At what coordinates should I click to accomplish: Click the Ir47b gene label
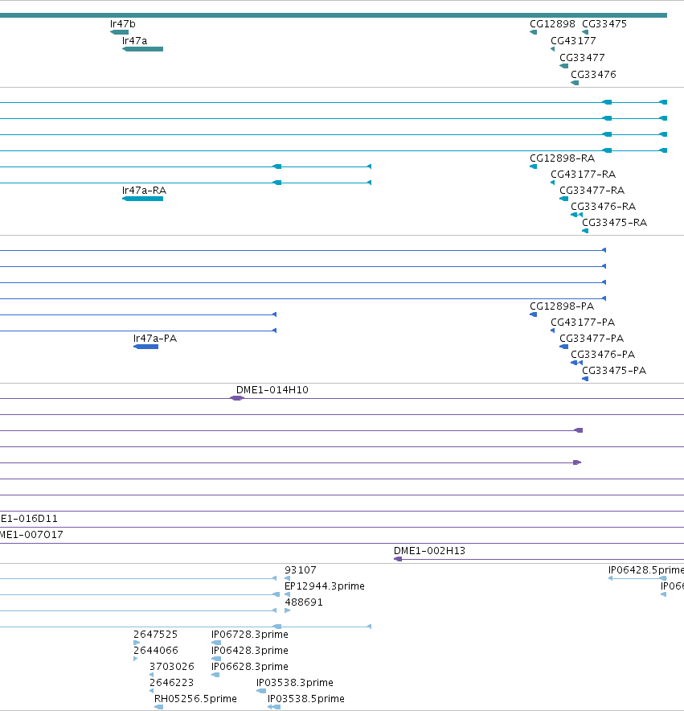click(122, 24)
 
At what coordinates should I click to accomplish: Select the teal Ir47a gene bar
click(143, 49)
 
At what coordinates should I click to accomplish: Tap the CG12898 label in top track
click(552, 24)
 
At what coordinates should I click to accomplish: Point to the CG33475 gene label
click(604, 24)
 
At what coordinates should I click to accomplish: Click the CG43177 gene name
click(573, 41)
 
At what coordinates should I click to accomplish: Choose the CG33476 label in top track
click(593, 74)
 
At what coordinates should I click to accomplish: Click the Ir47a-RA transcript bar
click(143, 199)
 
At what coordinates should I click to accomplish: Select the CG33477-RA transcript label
click(592, 191)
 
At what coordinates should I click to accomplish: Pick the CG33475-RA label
click(614, 223)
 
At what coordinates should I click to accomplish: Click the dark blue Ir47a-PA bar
click(146, 347)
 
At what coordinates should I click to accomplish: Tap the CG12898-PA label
click(562, 306)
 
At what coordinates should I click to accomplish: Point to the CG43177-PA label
click(583, 323)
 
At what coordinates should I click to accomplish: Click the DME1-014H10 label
click(272, 390)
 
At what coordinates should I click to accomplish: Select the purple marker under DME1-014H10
click(236, 398)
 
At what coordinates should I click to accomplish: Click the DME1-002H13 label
click(429, 551)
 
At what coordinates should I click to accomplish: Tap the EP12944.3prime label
click(325, 586)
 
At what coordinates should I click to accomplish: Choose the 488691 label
click(304, 602)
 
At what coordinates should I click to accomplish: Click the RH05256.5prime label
click(195, 699)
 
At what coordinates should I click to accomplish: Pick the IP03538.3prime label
click(295, 683)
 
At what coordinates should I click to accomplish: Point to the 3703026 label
click(172, 667)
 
